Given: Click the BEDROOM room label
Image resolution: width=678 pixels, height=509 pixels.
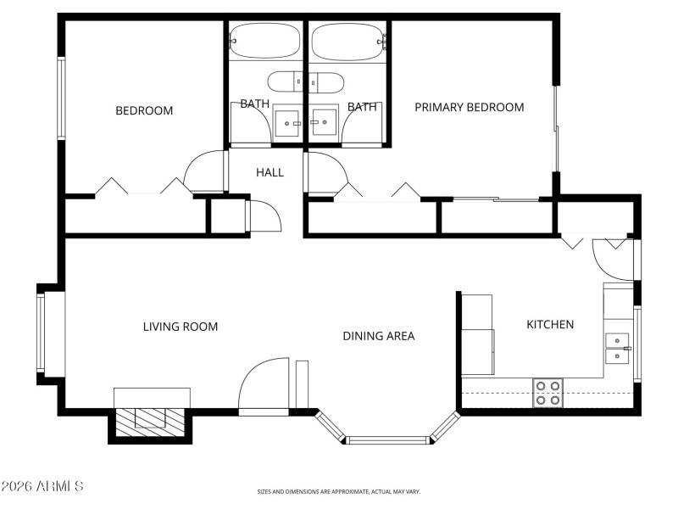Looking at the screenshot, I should (x=144, y=110).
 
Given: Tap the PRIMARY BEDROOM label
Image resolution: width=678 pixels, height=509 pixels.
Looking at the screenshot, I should (x=469, y=107).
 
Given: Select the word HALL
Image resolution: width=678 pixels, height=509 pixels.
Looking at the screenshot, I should (x=270, y=172).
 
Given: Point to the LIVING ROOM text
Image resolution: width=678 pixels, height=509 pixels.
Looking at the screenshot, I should (x=180, y=327).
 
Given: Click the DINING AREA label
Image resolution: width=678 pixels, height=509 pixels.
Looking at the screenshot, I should (x=378, y=336).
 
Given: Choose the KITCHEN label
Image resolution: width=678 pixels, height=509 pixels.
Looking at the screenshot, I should (x=550, y=324).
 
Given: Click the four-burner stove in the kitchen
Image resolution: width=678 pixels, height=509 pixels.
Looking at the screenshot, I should (x=548, y=393).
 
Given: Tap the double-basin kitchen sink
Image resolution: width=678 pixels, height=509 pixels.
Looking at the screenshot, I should (x=618, y=348).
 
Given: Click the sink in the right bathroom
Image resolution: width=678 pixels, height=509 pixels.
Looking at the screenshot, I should (x=323, y=122).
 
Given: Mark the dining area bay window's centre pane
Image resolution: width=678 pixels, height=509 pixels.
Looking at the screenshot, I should (x=388, y=439).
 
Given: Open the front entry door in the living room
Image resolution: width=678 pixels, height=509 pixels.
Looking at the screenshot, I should (x=264, y=387).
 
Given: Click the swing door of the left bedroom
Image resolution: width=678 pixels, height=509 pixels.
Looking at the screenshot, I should (x=205, y=172).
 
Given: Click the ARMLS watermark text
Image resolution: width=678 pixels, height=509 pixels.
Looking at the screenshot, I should (x=42, y=486).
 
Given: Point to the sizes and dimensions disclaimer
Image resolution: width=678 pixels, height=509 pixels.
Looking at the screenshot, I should (x=339, y=491).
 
